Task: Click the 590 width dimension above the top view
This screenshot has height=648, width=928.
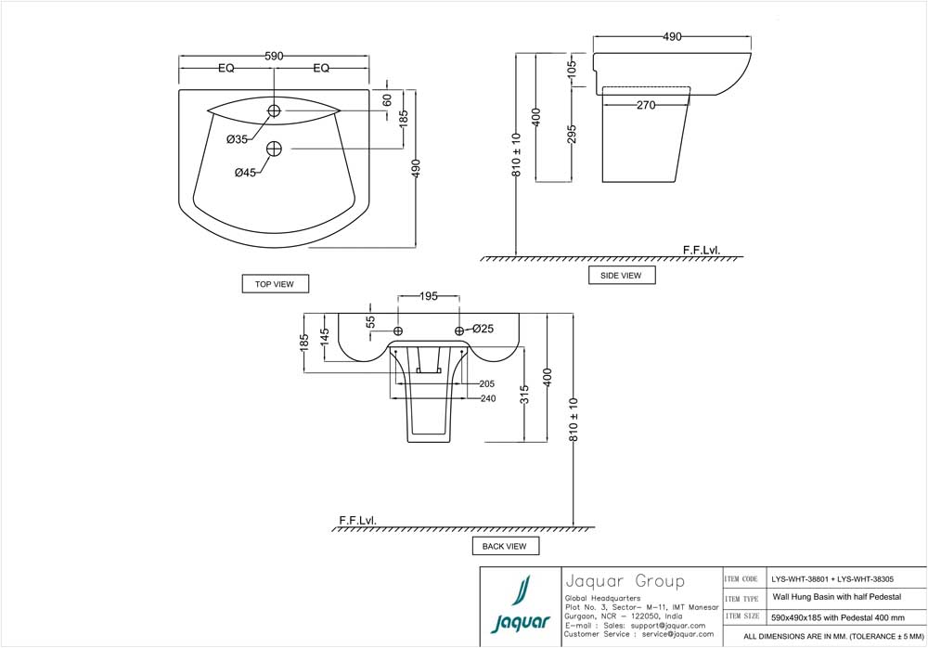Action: point(274,56)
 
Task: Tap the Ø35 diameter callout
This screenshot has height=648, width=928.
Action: point(237,139)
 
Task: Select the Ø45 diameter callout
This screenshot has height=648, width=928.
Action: point(245,172)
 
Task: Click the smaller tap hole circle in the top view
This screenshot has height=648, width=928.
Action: point(274,111)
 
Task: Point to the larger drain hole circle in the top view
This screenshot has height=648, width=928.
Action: point(274,148)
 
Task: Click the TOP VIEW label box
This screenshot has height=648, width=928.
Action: point(274,284)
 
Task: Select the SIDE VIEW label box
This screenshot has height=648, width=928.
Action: point(621,275)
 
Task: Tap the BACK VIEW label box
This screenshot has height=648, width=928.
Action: point(504,546)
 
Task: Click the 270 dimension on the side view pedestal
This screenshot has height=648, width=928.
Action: point(646,105)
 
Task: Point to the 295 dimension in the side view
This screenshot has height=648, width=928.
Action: point(573,135)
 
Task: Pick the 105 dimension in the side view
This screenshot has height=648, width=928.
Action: point(572,67)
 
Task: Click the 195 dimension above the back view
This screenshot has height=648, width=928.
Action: point(429,296)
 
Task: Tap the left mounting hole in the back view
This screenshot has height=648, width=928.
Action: point(398,331)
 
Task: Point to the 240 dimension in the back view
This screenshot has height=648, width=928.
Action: point(487,398)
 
